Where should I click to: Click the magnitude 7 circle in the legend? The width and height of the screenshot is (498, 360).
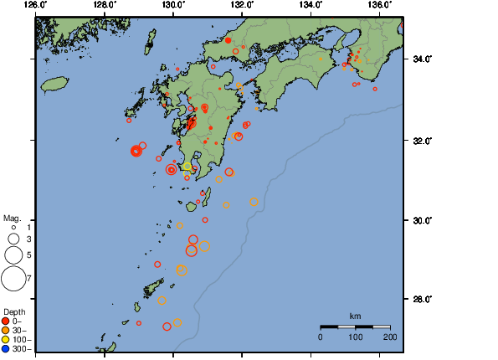click(13, 277)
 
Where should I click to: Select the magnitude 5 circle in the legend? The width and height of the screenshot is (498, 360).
click(13, 255)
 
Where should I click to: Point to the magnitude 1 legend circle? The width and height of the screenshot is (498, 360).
click(13, 227)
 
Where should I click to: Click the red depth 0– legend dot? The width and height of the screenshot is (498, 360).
click(6, 321)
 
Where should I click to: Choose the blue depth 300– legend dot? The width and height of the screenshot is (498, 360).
click(6, 348)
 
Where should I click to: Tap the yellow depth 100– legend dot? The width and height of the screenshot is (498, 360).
click(6, 339)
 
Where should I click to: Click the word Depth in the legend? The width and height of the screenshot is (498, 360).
click(14, 311)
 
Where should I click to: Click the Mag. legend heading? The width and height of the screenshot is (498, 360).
click(12, 216)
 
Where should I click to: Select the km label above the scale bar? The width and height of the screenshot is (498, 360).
click(355, 316)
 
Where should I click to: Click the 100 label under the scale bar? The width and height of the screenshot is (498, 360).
click(355, 336)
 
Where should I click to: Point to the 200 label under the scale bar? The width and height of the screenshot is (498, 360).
click(389, 336)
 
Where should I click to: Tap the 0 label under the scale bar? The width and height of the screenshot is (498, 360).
click(321, 336)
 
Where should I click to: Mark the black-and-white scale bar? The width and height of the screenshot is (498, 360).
click(355, 326)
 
